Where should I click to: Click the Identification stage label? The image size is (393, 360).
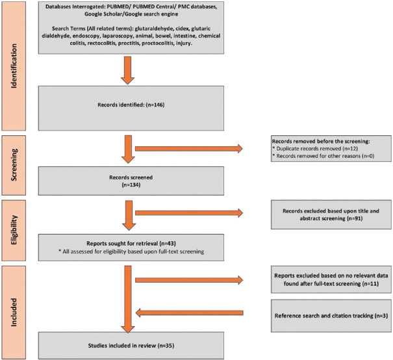pyautogui.click(x=14, y=66)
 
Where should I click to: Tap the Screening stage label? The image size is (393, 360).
pyautogui.click(x=14, y=164)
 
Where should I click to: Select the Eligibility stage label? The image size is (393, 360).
pyautogui.click(x=14, y=230)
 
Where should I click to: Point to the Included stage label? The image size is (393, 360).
pyautogui.click(x=14, y=312)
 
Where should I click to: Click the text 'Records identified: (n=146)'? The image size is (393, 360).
pyautogui.click(x=131, y=105)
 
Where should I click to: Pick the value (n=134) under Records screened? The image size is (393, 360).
pyautogui.click(x=131, y=185)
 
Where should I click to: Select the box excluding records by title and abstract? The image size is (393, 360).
pyautogui.click(x=331, y=214)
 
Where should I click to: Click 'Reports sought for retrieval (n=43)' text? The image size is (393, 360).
pyautogui.click(x=131, y=244)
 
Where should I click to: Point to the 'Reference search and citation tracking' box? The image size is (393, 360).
pyautogui.click(x=331, y=316)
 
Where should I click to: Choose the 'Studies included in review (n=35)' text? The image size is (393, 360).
pyautogui.click(x=131, y=346)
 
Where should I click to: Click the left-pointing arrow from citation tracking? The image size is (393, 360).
pyautogui.click(x=189, y=313)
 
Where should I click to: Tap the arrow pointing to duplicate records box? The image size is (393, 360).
pyautogui.click(x=189, y=149)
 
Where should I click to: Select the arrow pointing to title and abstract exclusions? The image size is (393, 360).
pyautogui.click(x=189, y=213)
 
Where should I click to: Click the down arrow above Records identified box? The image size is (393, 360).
pyautogui.click(x=127, y=70)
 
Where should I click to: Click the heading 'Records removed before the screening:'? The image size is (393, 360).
pyautogui.click(x=321, y=141)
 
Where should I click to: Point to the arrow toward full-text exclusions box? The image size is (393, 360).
pyautogui.click(x=189, y=280)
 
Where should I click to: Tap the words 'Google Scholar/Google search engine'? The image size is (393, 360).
pyautogui.click(x=131, y=14)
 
